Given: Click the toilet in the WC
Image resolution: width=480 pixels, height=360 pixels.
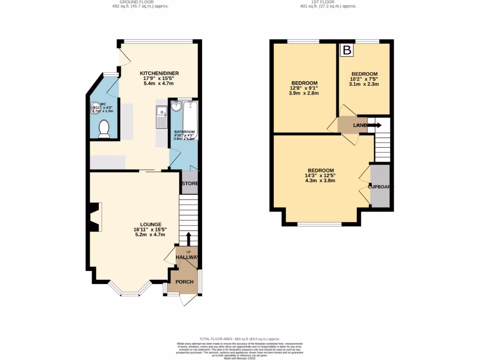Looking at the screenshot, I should [104, 128].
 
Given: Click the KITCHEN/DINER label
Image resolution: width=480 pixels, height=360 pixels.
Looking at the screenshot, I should [159, 73].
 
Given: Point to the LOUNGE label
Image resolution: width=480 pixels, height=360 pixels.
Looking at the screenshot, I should [150, 224].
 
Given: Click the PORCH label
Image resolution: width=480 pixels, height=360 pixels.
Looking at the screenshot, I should [184, 282].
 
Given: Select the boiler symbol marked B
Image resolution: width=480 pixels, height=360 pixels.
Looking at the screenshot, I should [347, 50].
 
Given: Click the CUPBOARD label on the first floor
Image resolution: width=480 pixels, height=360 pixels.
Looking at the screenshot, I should [381, 187].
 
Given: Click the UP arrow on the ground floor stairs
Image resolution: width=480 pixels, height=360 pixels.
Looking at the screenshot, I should [188, 239].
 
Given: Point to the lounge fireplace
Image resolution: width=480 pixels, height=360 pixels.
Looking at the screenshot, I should [95, 217].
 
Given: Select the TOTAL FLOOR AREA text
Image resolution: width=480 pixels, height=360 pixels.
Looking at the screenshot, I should [240, 339].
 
